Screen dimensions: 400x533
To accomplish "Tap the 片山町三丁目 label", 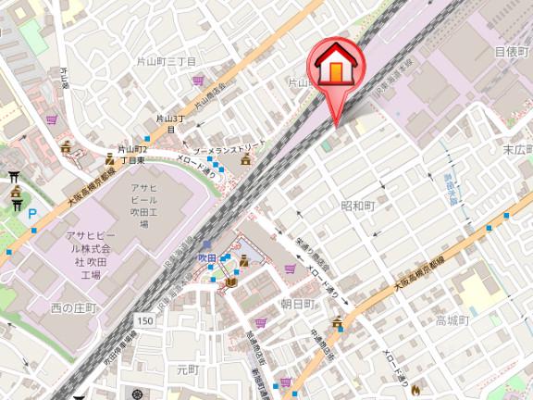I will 168,61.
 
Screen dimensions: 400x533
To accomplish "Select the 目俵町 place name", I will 510,52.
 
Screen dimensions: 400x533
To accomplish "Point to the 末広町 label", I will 516,148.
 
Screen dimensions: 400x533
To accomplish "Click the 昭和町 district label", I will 356,205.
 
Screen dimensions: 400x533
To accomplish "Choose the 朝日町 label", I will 298,304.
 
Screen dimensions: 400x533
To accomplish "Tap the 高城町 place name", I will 453,320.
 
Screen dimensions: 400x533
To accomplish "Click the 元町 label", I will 188,369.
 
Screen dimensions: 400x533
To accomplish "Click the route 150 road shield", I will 144,320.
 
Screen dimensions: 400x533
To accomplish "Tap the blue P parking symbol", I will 33,214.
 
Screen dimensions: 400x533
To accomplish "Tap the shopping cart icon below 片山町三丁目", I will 198,80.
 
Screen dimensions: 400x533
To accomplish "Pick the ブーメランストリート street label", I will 224,148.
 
